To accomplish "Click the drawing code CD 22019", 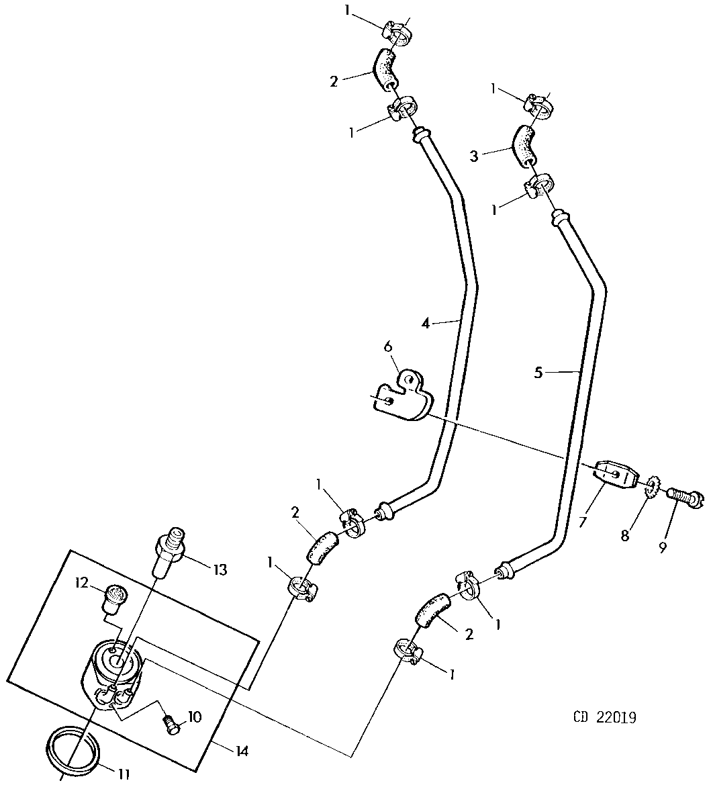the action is (605, 717).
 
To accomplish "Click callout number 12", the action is (83, 583).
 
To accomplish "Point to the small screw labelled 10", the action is (172, 725).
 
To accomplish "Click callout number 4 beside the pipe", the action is (426, 323).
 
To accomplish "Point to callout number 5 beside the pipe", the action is (538, 373).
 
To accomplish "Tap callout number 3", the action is (473, 156).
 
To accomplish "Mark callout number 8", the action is (624, 536).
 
